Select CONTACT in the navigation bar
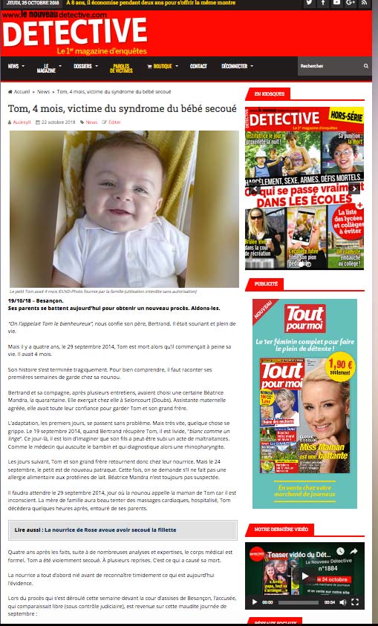coord(198,66)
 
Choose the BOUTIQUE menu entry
coord(161,66)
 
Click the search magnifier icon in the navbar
coord(365,66)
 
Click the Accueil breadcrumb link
coord(22,91)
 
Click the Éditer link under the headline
coord(114,122)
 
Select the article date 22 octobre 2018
coord(59,122)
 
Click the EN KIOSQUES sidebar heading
coord(268,95)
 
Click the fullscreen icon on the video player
coord(356,602)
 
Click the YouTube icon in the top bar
coord(337,4)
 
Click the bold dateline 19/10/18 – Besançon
coord(35,300)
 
